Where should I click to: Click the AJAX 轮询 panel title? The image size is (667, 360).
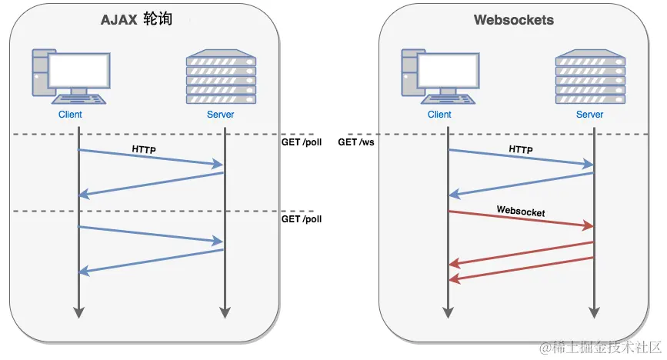click(135, 21)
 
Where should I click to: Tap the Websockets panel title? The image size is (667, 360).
click(514, 21)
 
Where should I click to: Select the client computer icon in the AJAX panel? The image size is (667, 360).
click(70, 76)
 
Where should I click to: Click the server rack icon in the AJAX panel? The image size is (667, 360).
click(221, 76)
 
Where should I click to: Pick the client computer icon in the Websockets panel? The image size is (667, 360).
click(439, 76)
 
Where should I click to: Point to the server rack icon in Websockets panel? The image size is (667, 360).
click(590, 76)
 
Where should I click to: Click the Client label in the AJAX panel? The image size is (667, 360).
click(70, 115)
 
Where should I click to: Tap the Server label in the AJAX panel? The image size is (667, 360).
click(221, 115)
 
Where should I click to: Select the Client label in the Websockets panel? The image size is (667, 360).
click(439, 115)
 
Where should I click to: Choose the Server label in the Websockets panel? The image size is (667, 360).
click(590, 115)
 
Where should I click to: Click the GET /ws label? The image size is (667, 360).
click(356, 142)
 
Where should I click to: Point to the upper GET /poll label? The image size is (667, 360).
click(302, 142)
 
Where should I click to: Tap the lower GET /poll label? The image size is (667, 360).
click(302, 219)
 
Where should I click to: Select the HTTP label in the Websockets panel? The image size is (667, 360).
click(521, 148)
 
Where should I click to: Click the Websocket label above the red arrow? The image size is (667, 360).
click(521, 209)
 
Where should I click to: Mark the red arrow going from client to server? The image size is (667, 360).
click(521, 218)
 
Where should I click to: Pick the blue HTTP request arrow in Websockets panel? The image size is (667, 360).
click(521, 157)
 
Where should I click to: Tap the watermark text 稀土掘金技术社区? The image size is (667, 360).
click(599, 348)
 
